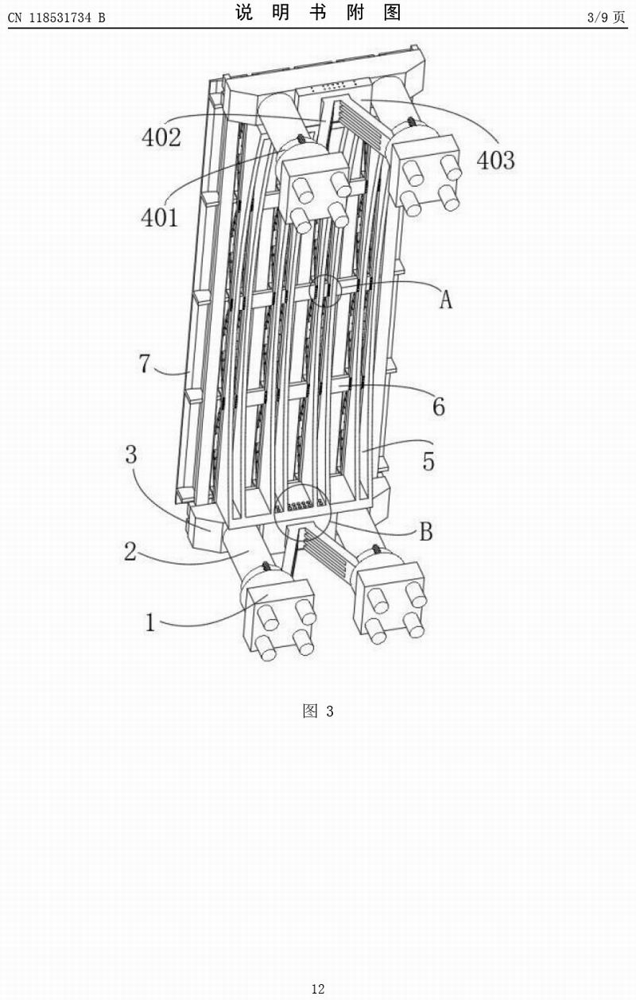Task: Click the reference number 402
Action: point(161,137)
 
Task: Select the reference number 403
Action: point(495,160)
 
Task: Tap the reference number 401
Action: point(161,217)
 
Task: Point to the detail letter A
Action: point(446,300)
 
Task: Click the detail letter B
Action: point(426,532)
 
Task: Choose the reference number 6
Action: point(438,406)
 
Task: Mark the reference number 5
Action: point(429,461)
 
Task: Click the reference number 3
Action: point(131,455)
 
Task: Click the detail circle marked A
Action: point(324,290)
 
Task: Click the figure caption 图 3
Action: point(318,711)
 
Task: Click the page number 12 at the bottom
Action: point(318,989)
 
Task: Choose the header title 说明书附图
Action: point(318,13)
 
